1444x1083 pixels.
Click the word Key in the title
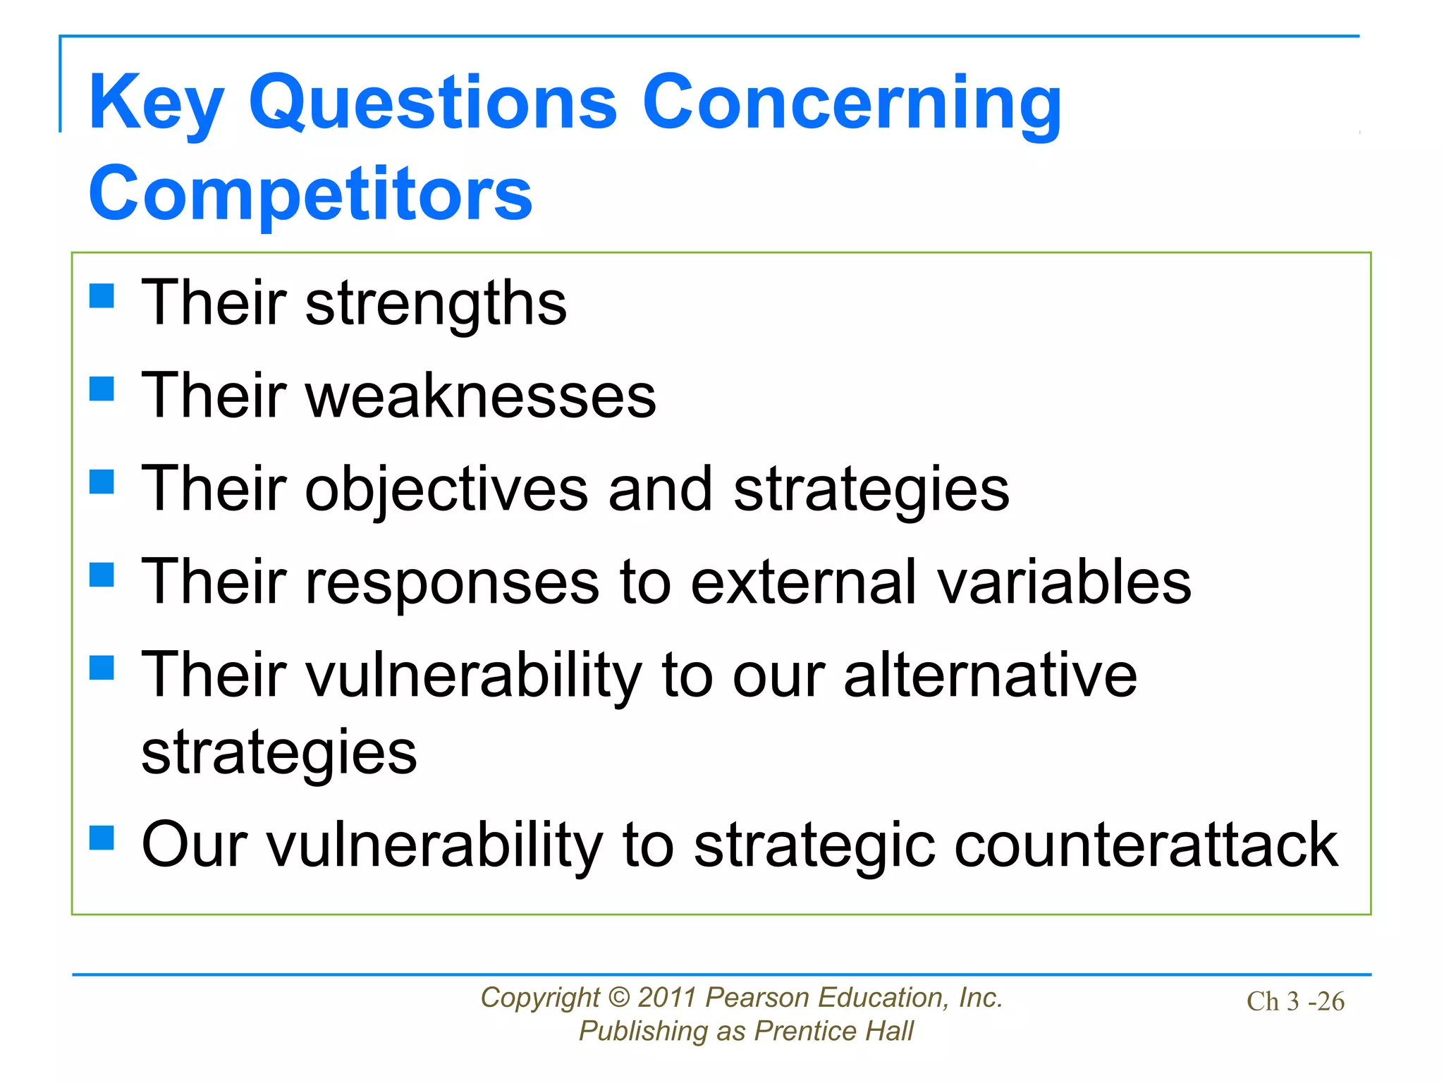pyautogui.click(x=156, y=102)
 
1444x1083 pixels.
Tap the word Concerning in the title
pyautogui.click(x=851, y=102)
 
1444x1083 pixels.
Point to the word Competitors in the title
pyautogui.click(x=310, y=193)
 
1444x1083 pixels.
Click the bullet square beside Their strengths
pyautogui.click(x=102, y=296)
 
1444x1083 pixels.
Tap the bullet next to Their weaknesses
pyautogui.click(x=102, y=388)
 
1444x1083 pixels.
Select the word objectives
pyautogui.click(x=446, y=489)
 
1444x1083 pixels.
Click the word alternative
pyautogui.click(x=990, y=675)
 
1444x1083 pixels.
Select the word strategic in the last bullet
pyautogui.click(x=814, y=845)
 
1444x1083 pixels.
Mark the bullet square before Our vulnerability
pyautogui.click(x=102, y=838)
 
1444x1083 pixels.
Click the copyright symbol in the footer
pyautogui.click(x=618, y=998)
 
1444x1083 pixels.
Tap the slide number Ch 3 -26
pyautogui.click(x=1295, y=1002)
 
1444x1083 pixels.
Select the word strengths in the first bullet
pyautogui.click(x=435, y=303)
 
